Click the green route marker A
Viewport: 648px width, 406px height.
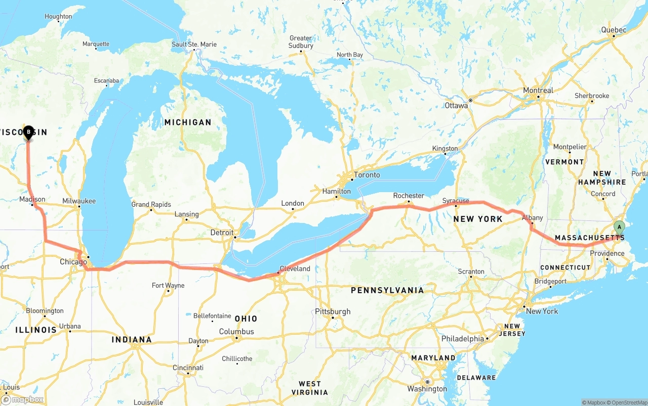[619, 228]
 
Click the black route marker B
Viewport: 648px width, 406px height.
[28, 132]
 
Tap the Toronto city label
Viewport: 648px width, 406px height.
[367, 175]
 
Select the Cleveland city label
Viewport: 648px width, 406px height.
[295, 268]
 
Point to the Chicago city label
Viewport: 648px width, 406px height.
[73, 262]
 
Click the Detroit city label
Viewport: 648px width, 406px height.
[222, 233]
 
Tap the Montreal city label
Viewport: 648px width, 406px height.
[538, 91]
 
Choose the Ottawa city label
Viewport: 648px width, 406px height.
[456, 106]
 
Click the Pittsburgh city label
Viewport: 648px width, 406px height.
[333, 311]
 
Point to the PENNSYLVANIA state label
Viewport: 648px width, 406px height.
[387, 290]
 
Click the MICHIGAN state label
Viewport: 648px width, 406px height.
[187, 122]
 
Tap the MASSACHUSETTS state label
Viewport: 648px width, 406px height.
[589, 238]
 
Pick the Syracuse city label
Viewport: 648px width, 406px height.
[456, 201]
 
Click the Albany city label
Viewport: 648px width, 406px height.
[532, 218]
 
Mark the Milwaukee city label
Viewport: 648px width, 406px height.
[79, 201]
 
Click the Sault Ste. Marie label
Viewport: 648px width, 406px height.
[194, 44]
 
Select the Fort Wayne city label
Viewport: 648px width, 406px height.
[168, 286]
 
